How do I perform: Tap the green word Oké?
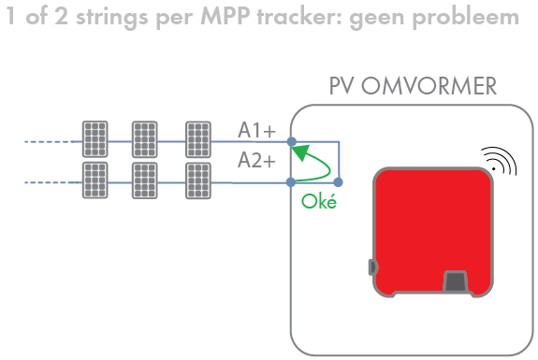tap(319, 201)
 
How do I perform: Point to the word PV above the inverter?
tap(342, 88)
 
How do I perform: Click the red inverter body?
tap(431, 224)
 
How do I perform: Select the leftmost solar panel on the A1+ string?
tap(94, 139)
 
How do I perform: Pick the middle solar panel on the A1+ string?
tap(145, 139)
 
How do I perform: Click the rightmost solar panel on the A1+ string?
tap(198, 139)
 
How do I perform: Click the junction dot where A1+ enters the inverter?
tap(292, 143)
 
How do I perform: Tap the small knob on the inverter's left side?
tap(372, 267)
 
